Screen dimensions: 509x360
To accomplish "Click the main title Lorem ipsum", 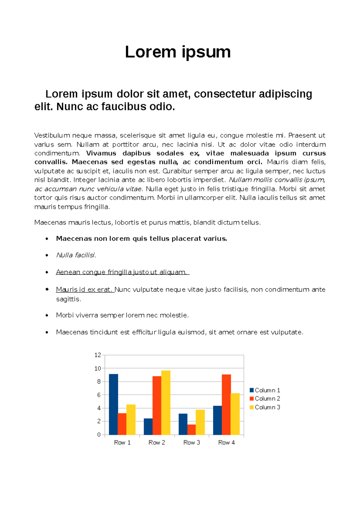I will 178,52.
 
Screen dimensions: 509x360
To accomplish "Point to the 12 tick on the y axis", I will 97,355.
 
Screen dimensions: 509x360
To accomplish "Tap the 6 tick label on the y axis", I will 99,395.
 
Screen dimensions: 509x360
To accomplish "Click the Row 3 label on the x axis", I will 191,442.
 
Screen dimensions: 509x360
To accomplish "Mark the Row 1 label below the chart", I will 122,442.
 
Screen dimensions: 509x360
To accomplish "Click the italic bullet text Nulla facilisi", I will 76,255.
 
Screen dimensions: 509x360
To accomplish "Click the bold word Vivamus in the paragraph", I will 101,153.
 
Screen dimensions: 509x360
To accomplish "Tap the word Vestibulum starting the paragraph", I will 52,135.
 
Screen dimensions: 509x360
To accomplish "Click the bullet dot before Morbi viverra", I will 47,315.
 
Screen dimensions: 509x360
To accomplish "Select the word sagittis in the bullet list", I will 68,299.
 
